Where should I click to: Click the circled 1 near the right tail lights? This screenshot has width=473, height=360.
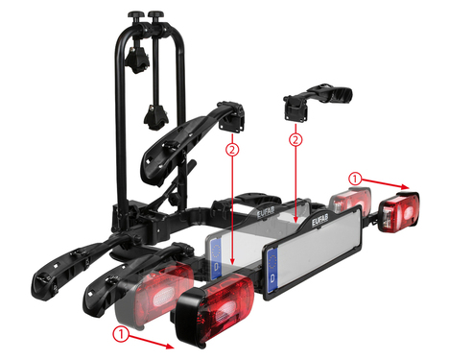point(355,179)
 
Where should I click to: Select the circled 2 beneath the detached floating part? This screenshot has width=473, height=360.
point(296,140)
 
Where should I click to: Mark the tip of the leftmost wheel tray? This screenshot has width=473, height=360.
point(43,284)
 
